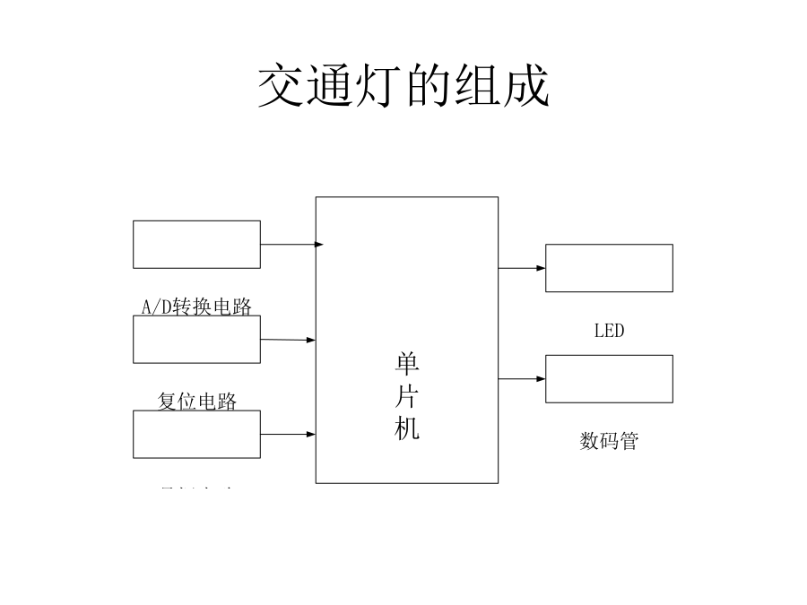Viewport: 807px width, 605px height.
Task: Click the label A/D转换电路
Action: (196, 307)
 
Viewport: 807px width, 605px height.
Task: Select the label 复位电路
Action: (197, 401)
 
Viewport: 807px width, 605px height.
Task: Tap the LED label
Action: (609, 331)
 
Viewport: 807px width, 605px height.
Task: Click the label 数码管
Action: (609, 441)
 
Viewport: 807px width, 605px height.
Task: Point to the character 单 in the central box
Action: (407, 365)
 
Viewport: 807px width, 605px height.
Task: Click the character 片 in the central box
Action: (407, 397)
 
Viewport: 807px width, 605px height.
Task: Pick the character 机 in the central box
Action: (407, 429)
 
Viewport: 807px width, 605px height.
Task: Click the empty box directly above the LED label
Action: (609, 268)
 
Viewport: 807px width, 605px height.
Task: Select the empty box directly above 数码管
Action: (609, 378)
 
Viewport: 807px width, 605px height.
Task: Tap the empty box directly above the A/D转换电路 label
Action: (196, 244)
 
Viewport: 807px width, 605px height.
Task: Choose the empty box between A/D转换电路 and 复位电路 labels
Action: (196, 340)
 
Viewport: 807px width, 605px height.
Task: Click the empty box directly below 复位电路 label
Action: (196, 434)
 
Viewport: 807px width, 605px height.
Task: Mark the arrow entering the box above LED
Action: (522, 268)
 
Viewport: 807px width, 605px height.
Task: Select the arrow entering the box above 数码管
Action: (522, 379)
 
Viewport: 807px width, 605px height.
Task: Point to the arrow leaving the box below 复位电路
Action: (288, 435)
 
